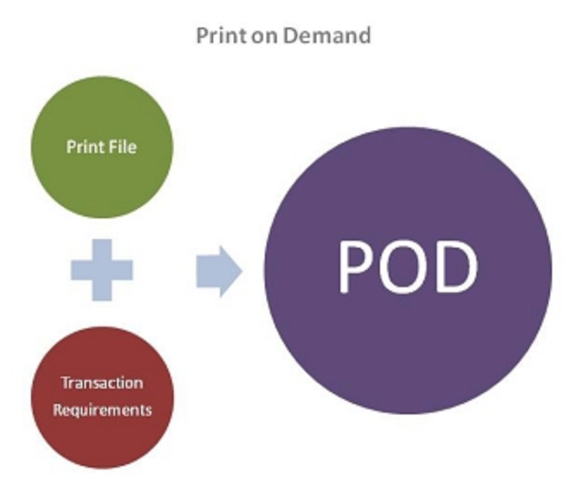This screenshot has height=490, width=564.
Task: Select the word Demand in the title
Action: point(327,35)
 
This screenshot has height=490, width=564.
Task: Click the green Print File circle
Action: point(101,147)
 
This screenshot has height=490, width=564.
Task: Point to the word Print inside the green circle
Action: point(83,147)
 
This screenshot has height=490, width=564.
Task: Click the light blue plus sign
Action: point(101,270)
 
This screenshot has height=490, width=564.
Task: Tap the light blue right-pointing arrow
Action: point(219,272)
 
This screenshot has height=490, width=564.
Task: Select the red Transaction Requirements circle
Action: point(102,397)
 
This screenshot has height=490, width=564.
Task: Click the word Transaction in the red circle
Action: point(102,383)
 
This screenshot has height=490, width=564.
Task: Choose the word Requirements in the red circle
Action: point(102,410)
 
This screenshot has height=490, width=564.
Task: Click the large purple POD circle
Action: point(408,271)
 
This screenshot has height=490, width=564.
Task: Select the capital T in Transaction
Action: point(66,383)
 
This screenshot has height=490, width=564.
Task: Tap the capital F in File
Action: point(109,146)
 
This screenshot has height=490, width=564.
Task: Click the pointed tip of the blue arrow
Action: point(242,272)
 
